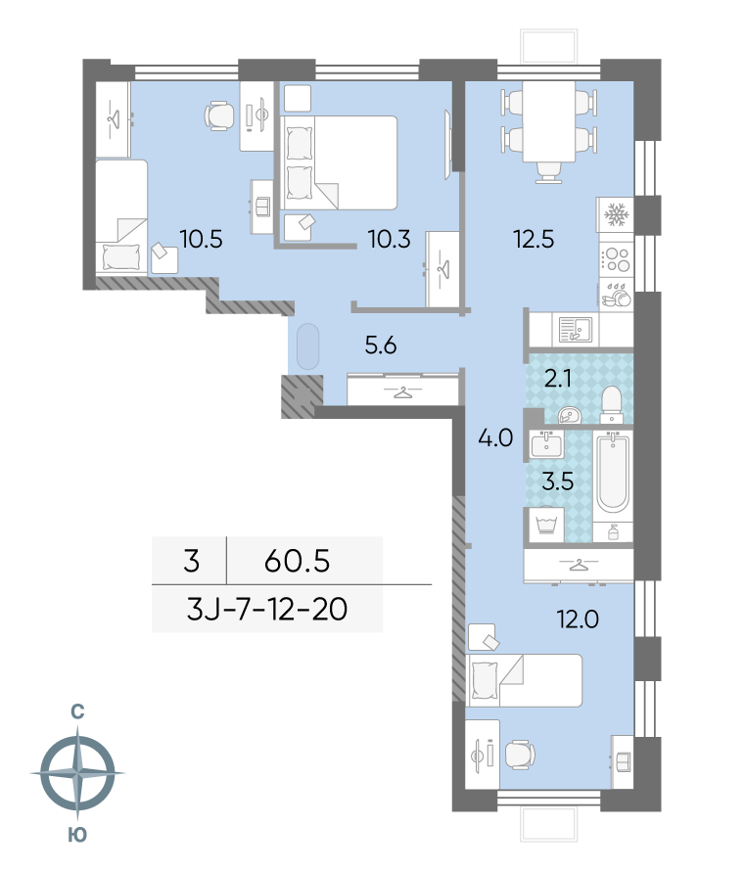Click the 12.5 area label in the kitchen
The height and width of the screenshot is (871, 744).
tap(534, 236)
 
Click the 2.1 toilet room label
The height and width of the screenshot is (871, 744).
tap(558, 379)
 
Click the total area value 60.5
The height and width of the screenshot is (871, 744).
tap(298, 561)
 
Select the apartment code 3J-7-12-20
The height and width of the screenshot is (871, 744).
tap(267, 612)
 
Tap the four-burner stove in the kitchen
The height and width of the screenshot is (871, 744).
tap(616, 258)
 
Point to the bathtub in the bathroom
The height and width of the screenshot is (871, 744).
tap(613, 475)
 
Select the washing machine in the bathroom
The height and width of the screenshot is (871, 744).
tap(545, 524)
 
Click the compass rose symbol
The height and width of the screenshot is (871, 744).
tap(76, 773)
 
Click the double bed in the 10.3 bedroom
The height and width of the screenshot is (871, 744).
tap(340, 162)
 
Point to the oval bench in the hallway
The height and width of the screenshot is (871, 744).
tap(307, 345)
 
